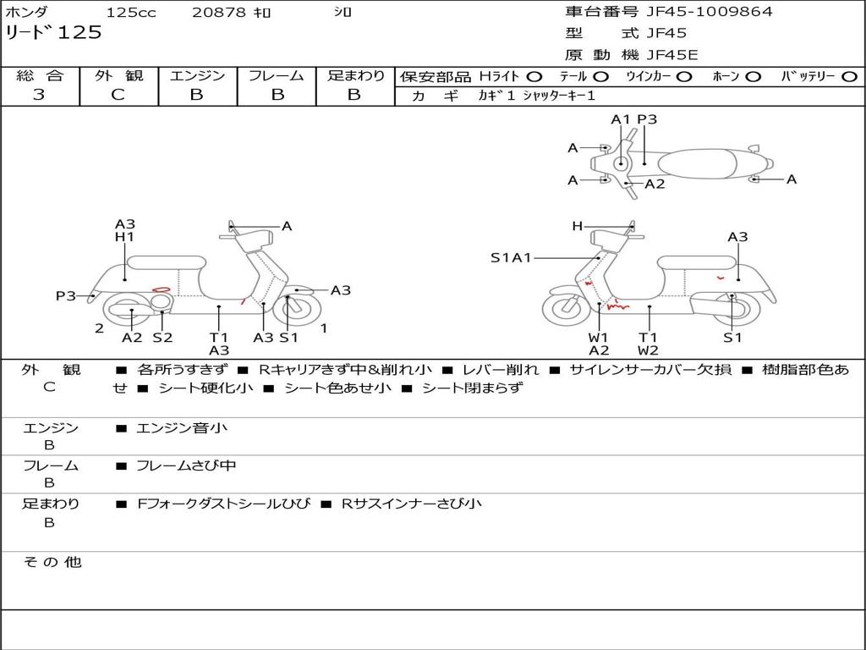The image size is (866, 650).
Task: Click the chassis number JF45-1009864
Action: pyautogui.click(x=710, y=12)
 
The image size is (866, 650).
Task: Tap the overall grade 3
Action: pyautogui.click(x=39, y=95)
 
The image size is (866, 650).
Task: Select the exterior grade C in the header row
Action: pyautogui.click(x=118, y=95)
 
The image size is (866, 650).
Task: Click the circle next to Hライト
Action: pyautogui.click(x=534, y=77)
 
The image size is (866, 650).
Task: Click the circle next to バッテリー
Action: pyautogui.click(x=849, y=77)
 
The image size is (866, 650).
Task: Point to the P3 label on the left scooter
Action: pyautogui.click(x=66, y=296)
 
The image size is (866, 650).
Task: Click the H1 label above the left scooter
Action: pyautogui.click(x=125, y=237)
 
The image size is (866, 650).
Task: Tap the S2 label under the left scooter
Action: pyautogui.click(x=162, y=337)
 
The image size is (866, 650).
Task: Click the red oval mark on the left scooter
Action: pyautogui.click(x=162, y=289)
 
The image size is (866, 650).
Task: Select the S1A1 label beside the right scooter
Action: pyautogui.click(x=511, y=257)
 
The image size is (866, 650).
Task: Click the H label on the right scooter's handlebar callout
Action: pyautogui.click(x=577, y=226)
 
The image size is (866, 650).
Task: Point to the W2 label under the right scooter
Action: pyautogui.click(x=648, y=350)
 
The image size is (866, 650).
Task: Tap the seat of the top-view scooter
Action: pyautogui.click(x=697, y=164)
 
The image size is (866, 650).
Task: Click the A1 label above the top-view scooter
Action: pyautogui.click(x=621, y=119)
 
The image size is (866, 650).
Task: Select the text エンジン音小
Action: pyautogui.click(x=182, y=427)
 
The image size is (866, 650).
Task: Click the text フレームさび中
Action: pyautogui.click(x=186, y=466)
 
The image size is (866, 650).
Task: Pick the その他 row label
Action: pyautogui.click(x=52, y=562)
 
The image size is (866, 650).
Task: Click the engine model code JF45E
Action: pyautogui.click(x=672, y=55)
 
